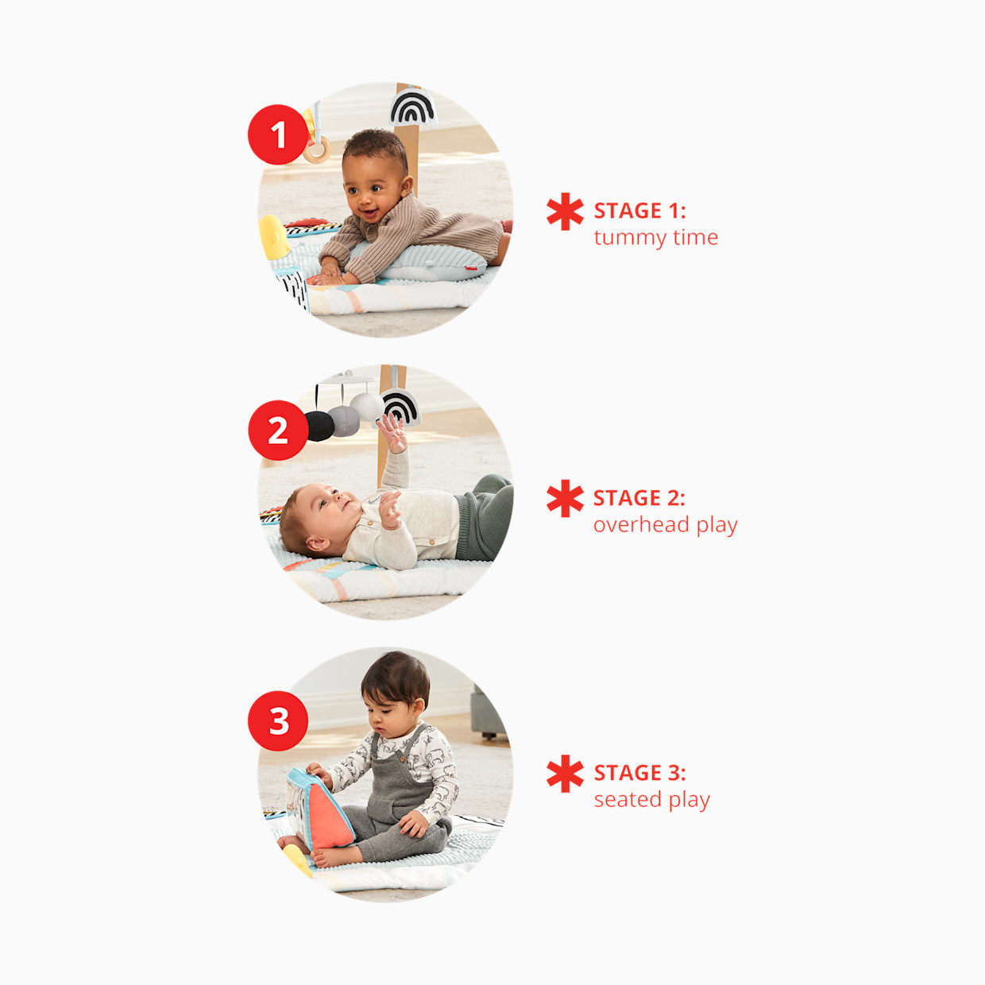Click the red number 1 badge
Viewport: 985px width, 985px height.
(278, 134)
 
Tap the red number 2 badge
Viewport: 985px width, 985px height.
(278, 430)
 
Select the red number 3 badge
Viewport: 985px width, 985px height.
(278, 720)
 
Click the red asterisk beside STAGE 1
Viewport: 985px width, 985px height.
(565, 211)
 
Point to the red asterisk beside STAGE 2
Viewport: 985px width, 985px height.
(565, 498)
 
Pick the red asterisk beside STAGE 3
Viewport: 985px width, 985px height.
(565, 773)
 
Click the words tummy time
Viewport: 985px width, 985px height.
(655, 238)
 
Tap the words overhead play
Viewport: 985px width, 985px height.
(665, 525)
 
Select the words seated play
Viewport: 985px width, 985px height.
(651, 800)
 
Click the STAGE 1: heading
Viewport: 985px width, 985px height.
(639, 211)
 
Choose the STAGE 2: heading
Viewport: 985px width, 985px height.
(639, 498)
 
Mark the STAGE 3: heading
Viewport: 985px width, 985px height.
(639, 773)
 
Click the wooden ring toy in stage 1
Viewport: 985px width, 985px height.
(317, 150)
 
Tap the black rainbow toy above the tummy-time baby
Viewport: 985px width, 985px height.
(412, 107)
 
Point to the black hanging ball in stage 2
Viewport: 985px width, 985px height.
(319, 426)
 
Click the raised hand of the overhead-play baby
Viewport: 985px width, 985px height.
(392, 433)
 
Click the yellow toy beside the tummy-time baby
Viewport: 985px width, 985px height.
(273, 237)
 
